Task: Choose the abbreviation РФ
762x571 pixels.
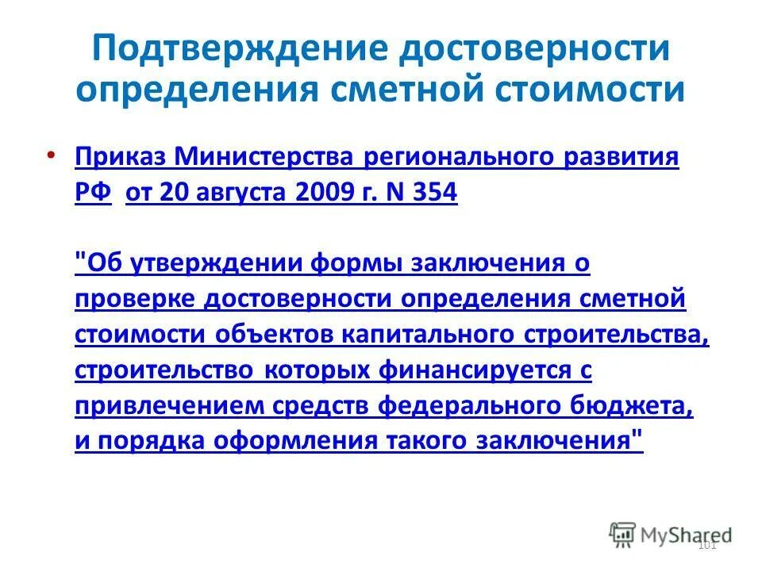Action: [x=94, y=193]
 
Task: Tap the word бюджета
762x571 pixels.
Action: [x=636, y=406]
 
